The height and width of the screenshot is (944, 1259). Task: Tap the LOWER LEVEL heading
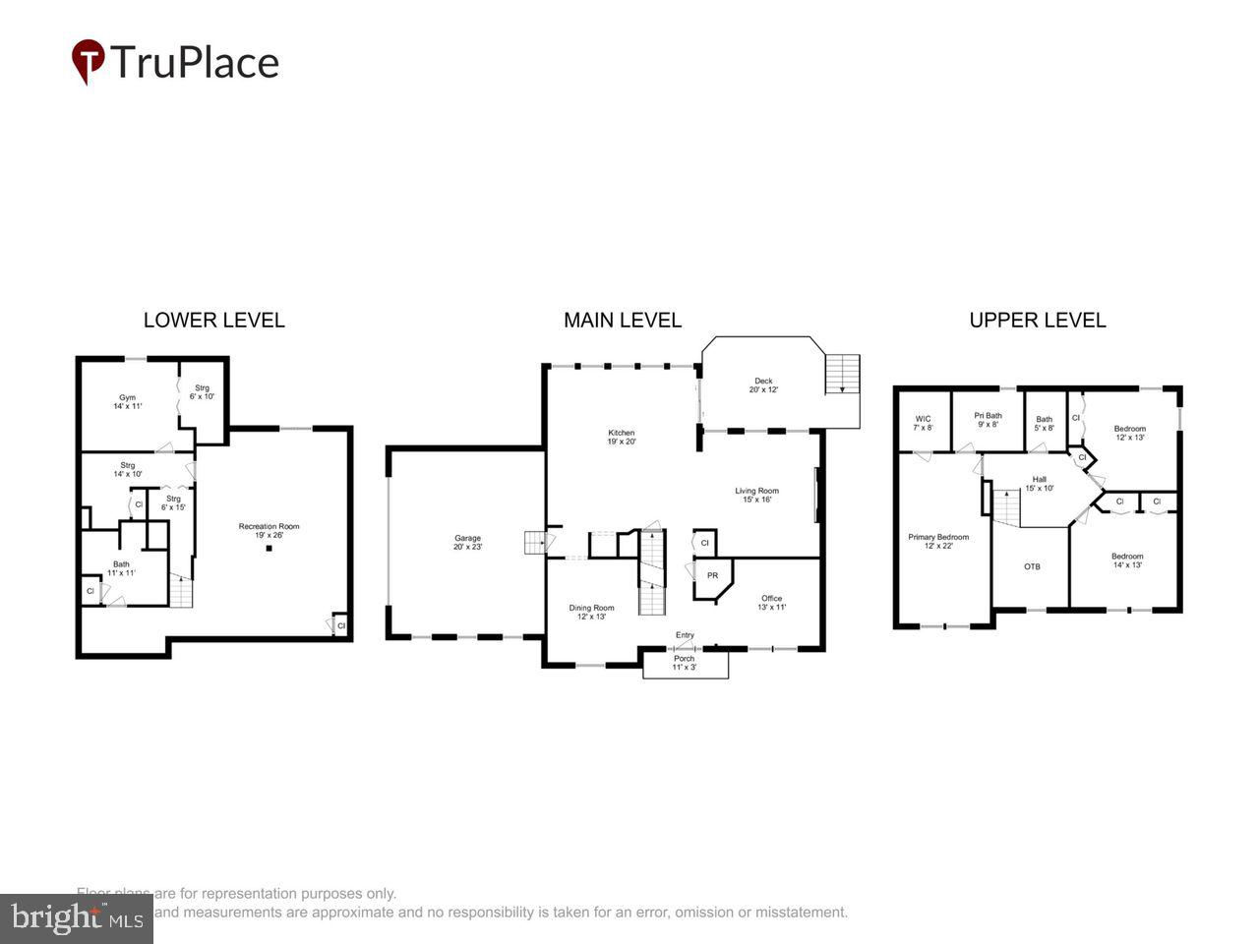[x=213, y=320]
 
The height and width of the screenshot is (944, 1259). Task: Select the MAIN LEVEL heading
[x=622, y=320]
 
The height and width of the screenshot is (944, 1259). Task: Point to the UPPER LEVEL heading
[x=1037, y=320]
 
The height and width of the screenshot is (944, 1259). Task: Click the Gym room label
[x=128, y=401]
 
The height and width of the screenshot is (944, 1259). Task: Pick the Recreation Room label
[x=269, y=531]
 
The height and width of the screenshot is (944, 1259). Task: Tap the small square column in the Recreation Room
[x=269, y=549]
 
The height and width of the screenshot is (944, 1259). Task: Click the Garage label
[x=467, y=542]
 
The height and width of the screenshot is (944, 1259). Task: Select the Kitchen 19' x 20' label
[x=622, y=437]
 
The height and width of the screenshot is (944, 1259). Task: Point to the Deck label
[x=763, y=384]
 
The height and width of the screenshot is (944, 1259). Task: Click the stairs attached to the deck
[x=842, y=375]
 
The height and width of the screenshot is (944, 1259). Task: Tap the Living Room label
[x=756, y=495]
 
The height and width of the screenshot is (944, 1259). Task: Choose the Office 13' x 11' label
[x=771, y=603]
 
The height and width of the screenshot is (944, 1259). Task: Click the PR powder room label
[x=712, y=575]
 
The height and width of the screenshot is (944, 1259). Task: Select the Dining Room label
[x=591, y=612]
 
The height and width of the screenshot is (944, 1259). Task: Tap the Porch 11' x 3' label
[x=684, y=663]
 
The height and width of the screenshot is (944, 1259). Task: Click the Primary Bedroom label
[x=937, y=541]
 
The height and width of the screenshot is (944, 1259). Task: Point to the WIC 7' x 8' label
[x=923, y=423]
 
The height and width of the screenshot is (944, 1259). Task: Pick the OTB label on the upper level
[x=1032, y=566]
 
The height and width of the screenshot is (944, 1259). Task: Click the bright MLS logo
[x=76, y=918]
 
